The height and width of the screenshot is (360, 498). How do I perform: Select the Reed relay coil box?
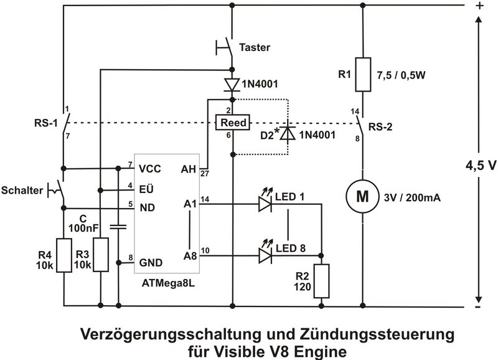click(232, 123)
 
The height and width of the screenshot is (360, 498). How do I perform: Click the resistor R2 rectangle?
click(321, 282)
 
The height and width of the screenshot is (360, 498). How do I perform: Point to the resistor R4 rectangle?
click(64, 255)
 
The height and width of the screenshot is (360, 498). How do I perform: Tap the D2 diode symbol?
click(287, 133)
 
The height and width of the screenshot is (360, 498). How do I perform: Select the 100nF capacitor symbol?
click(118, 226)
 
